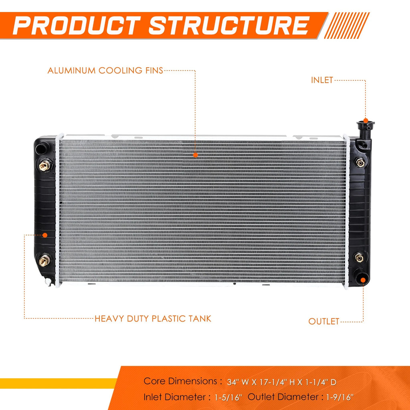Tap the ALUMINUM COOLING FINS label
(x=105, y=70)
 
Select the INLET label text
(x=322, y=80)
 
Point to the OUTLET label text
(x=324, y=322)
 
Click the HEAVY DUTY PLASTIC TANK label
(x=153, y=318)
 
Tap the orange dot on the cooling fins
(x=195, y=155)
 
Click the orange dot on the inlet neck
(x=366, y=121)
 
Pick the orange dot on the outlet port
(x=363, y=280)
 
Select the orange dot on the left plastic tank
(x=45, y=235)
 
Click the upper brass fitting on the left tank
(x=45, y=165)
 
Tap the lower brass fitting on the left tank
(x=45, y=260)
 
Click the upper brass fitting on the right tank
(x=360, y=163)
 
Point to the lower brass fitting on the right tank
(x=359, y=258)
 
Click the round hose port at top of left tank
(x=42, y=149)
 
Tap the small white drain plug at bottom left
(x=48, y=281)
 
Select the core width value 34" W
(x=238, y=382)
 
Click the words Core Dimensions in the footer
(x=181, y=381)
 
